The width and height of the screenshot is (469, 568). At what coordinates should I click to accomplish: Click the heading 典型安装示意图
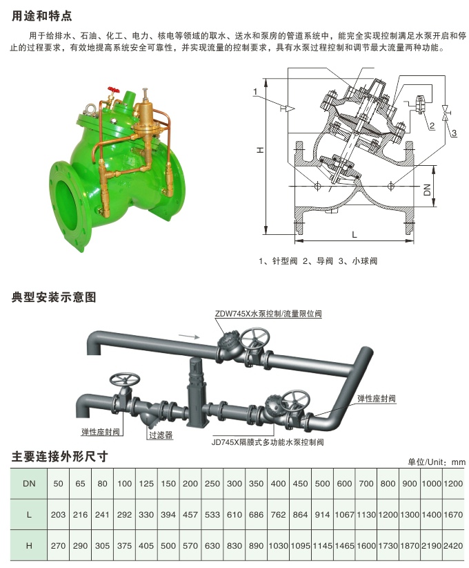(54, 297)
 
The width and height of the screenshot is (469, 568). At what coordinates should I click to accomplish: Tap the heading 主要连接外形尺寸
(60, 457)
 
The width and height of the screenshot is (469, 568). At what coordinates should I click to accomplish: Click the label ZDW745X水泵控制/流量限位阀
(268, 314)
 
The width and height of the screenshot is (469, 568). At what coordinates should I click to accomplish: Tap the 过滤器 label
(160, 435)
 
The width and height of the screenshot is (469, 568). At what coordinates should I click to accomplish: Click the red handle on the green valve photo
(112, 91)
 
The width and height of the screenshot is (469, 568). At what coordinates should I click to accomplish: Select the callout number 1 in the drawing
(255, 91)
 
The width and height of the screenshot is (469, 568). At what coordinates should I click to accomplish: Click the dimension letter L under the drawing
(354, 235)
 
